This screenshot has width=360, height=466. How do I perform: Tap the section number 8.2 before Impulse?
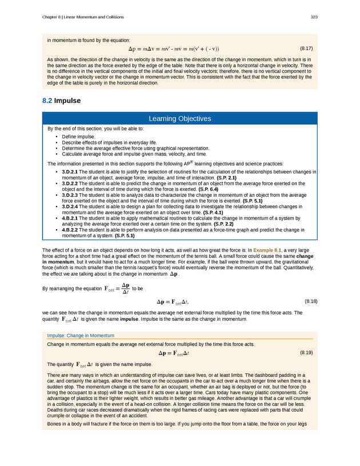click(47, 101)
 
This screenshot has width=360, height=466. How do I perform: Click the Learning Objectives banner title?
click(180, 119)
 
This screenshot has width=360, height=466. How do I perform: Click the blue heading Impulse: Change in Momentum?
click(81, 335)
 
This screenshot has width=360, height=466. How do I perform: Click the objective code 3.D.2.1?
click(70, 172)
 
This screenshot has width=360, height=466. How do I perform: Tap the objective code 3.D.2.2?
click(70, 183)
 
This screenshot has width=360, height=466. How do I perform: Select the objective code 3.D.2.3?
click(70, 195)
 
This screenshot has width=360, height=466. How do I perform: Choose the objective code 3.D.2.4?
click(70, 206)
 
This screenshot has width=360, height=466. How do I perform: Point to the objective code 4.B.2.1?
click(70, 218)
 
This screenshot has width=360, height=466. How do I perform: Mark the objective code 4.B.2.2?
click(70, 230)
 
